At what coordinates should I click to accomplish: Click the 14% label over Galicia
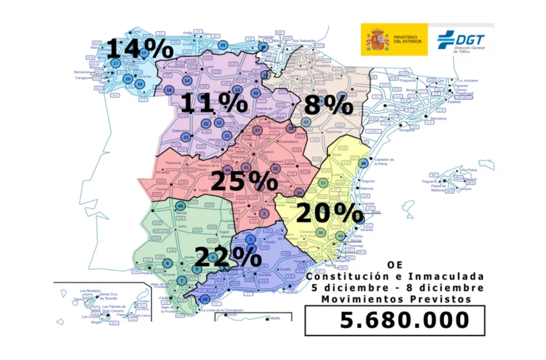(139, 49)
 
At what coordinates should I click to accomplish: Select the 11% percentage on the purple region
(209, 103)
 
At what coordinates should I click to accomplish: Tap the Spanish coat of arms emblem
(376, 40)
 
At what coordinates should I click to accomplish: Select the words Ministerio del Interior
(408, 40)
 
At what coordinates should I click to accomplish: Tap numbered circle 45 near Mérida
(181, 205)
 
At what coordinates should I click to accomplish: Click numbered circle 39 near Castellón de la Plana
(364, 163)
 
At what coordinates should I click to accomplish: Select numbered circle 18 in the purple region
(169, 90)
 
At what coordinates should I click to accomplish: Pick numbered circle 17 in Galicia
(116, 64)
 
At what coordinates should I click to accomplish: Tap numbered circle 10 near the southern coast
(205, 300)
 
